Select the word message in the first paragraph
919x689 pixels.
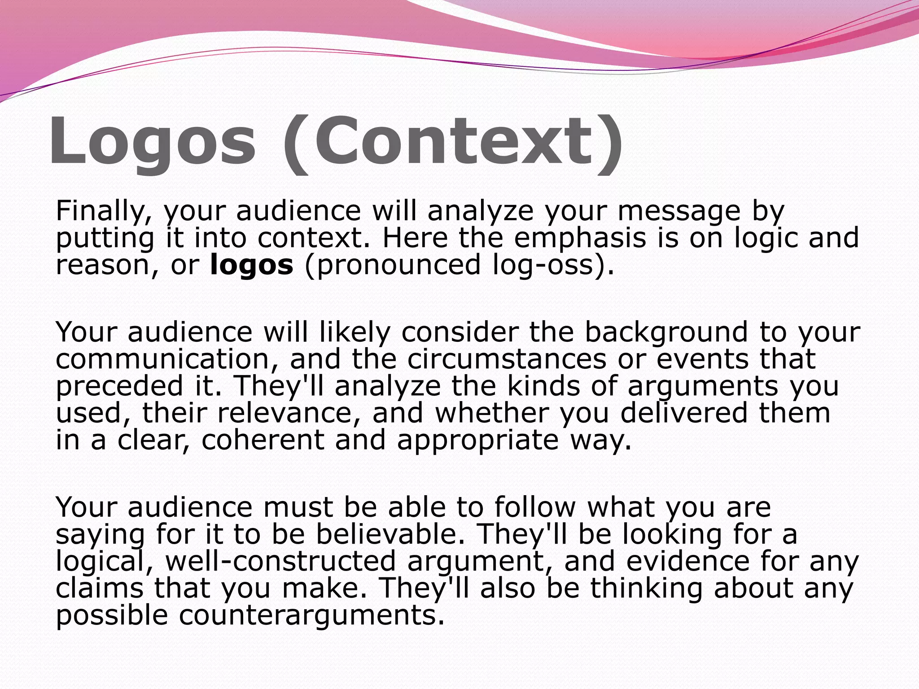click(x=679, y=212)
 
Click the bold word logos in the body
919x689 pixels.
click(x=252, y=265)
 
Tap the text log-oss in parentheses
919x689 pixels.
click(x=547, y=265)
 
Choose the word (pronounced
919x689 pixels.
click(x=393, y=265)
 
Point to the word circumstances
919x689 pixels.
click(x=507, y=359)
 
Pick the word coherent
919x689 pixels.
click(x=263, y=440)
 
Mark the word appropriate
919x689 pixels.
click(x=478, y=441)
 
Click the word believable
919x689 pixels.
click(x=390, y=535)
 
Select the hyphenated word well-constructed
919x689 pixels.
click(x=281, y=562)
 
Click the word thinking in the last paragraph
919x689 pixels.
click(x=646, y=589)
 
